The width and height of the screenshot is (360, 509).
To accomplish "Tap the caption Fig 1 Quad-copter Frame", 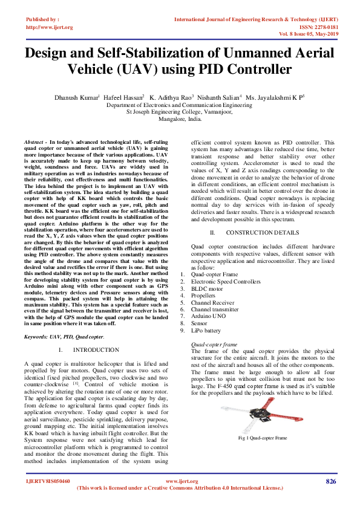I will tap(262, 437).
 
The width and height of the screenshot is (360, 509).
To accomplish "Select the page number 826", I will tap(330, 481).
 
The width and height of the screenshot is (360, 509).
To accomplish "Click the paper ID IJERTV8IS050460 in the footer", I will tap(48, 481).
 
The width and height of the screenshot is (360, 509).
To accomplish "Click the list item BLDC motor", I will tap(208, 290).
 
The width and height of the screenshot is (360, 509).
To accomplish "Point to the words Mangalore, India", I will tap(179, 119).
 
